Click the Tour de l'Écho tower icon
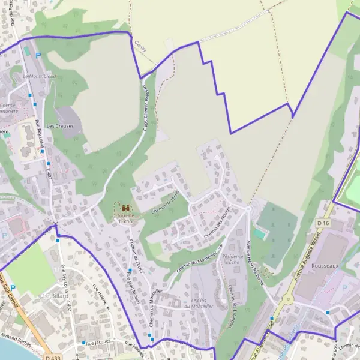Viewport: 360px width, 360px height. click(x=125, y=208)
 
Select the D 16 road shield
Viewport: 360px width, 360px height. click(x=323, y=223)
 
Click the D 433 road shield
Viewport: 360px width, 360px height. click(x=52, y=357)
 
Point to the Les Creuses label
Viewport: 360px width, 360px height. click(x=59, y=126)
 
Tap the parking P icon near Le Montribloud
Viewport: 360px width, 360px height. click(x=38, y=55)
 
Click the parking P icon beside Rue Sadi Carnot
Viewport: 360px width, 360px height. click(x=12, y=288)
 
